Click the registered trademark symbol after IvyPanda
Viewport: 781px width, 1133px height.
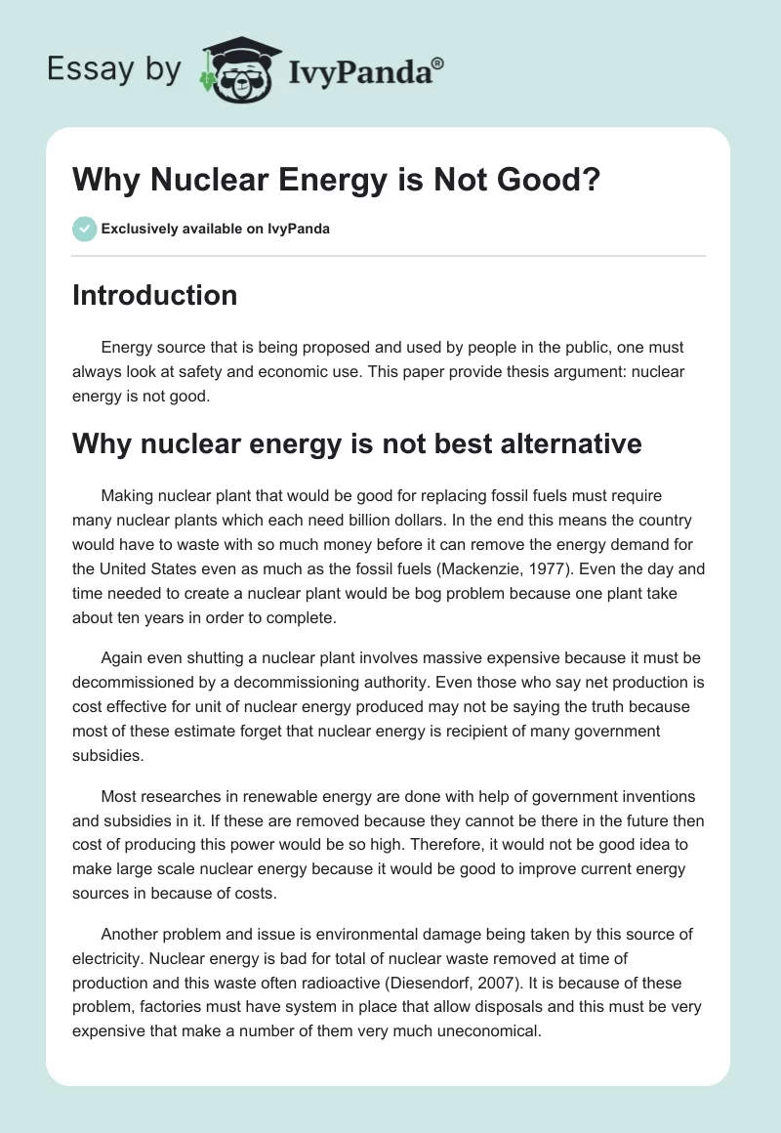point(437,63)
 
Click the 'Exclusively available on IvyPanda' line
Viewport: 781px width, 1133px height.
point(216,230)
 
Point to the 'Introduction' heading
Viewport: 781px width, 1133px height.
point(154,295)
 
